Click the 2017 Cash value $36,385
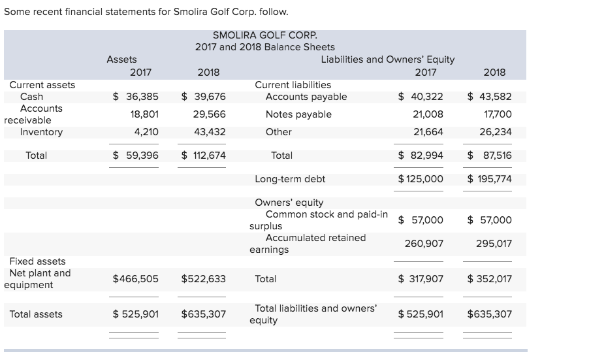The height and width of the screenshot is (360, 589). point(135,97)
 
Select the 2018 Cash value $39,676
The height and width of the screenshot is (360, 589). point(203,97)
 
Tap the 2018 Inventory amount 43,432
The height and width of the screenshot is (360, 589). point(208,132)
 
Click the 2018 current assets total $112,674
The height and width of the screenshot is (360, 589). point(203,155)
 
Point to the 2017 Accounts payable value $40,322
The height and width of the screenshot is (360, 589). point(421,97)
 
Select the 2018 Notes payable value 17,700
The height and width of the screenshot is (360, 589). point(494,114)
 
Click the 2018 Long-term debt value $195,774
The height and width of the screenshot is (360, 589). point(490,179)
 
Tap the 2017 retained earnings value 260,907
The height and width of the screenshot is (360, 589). point(424,243)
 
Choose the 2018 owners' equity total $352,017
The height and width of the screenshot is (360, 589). point(490,279)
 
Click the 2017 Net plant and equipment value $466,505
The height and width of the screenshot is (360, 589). point(135,279)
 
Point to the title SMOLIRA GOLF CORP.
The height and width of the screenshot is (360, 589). point(264,35)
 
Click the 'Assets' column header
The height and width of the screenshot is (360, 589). point(121,59)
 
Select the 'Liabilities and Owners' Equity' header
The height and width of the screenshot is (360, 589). point(388,59)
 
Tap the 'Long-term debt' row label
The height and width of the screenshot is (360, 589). point(289,179)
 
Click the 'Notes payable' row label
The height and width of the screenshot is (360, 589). point(298,114)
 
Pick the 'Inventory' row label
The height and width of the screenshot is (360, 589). point(41,132)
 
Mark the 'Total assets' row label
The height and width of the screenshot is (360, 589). point(36,314)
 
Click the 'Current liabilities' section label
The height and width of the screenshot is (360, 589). point(293,85)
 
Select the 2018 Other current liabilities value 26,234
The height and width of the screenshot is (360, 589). point(494,132)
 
